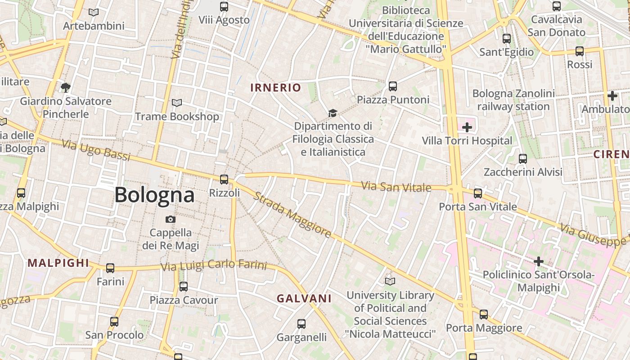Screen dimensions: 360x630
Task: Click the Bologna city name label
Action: pos(154,195)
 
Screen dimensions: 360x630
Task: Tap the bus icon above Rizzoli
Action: pos(224,179)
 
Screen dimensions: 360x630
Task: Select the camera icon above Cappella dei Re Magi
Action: pos(171,219)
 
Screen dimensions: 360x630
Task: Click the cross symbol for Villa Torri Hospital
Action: pos(467,127)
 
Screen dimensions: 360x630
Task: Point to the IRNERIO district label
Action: pos(275,88)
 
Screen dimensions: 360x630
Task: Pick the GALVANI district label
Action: pos(304,298)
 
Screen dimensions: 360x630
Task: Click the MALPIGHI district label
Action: pos(58,263)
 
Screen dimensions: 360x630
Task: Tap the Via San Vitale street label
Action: pos(396,186)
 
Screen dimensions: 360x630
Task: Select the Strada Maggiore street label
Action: pos(292,215)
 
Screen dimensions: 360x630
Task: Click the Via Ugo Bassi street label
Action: pos(96,150)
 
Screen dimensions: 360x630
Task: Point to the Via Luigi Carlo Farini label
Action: pos(214,265)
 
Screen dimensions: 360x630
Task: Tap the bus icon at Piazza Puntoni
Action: pos(393,86)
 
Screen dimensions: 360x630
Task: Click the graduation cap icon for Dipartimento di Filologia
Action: pos(333,112)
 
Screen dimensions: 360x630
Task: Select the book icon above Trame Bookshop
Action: pos(177,103)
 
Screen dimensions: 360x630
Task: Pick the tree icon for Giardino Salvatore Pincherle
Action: pos(66,87)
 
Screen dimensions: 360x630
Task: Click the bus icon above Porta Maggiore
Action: pos(484,314)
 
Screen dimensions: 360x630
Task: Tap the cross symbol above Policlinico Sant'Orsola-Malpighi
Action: pos(539,261)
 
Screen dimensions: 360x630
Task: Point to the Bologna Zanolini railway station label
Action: pos(513,100)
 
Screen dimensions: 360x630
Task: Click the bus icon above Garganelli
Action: pos(301,324)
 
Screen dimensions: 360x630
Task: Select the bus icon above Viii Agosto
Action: pos(224,6)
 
